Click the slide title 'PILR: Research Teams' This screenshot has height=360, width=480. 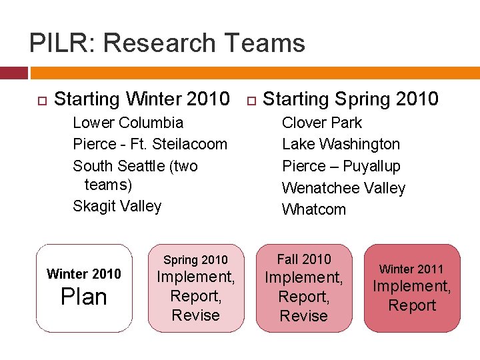[167, 43]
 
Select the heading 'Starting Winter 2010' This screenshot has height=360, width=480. [141, 99]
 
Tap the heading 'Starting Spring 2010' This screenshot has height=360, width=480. [351, 99]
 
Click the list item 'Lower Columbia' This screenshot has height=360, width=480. [127, 123]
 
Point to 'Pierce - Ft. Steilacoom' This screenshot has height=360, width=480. [150, 144]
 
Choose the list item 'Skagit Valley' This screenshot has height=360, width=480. [117, 206]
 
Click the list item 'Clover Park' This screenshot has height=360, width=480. [322, 123]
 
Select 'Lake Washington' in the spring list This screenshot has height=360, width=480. [341, 144]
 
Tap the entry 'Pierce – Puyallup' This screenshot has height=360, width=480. [341, 166]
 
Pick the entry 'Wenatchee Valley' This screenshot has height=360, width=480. [343, 188]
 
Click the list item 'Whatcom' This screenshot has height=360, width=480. [314, 209]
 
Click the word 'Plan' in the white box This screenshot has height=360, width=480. [84, 297]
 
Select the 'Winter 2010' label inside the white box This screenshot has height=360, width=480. [84, 274]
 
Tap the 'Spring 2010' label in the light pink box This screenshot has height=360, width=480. [195, 260]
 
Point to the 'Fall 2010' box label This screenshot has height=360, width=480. [304, 259]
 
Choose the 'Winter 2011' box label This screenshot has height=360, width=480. [411, 269]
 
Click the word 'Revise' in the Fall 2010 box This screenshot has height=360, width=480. [304, 316]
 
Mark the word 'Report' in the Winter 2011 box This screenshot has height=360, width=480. [411, 306]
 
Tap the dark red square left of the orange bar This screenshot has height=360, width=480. [13, 73]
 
